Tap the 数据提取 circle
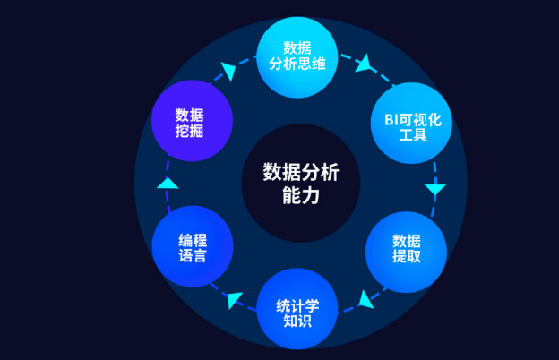[x=406, y=249]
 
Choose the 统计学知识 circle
[x=297, y=309]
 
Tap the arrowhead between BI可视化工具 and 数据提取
[x=435, y=190]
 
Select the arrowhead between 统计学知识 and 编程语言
[x=234, y=300]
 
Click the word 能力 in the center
[x=300, y=194]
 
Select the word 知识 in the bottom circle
[x=297, y=319]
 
